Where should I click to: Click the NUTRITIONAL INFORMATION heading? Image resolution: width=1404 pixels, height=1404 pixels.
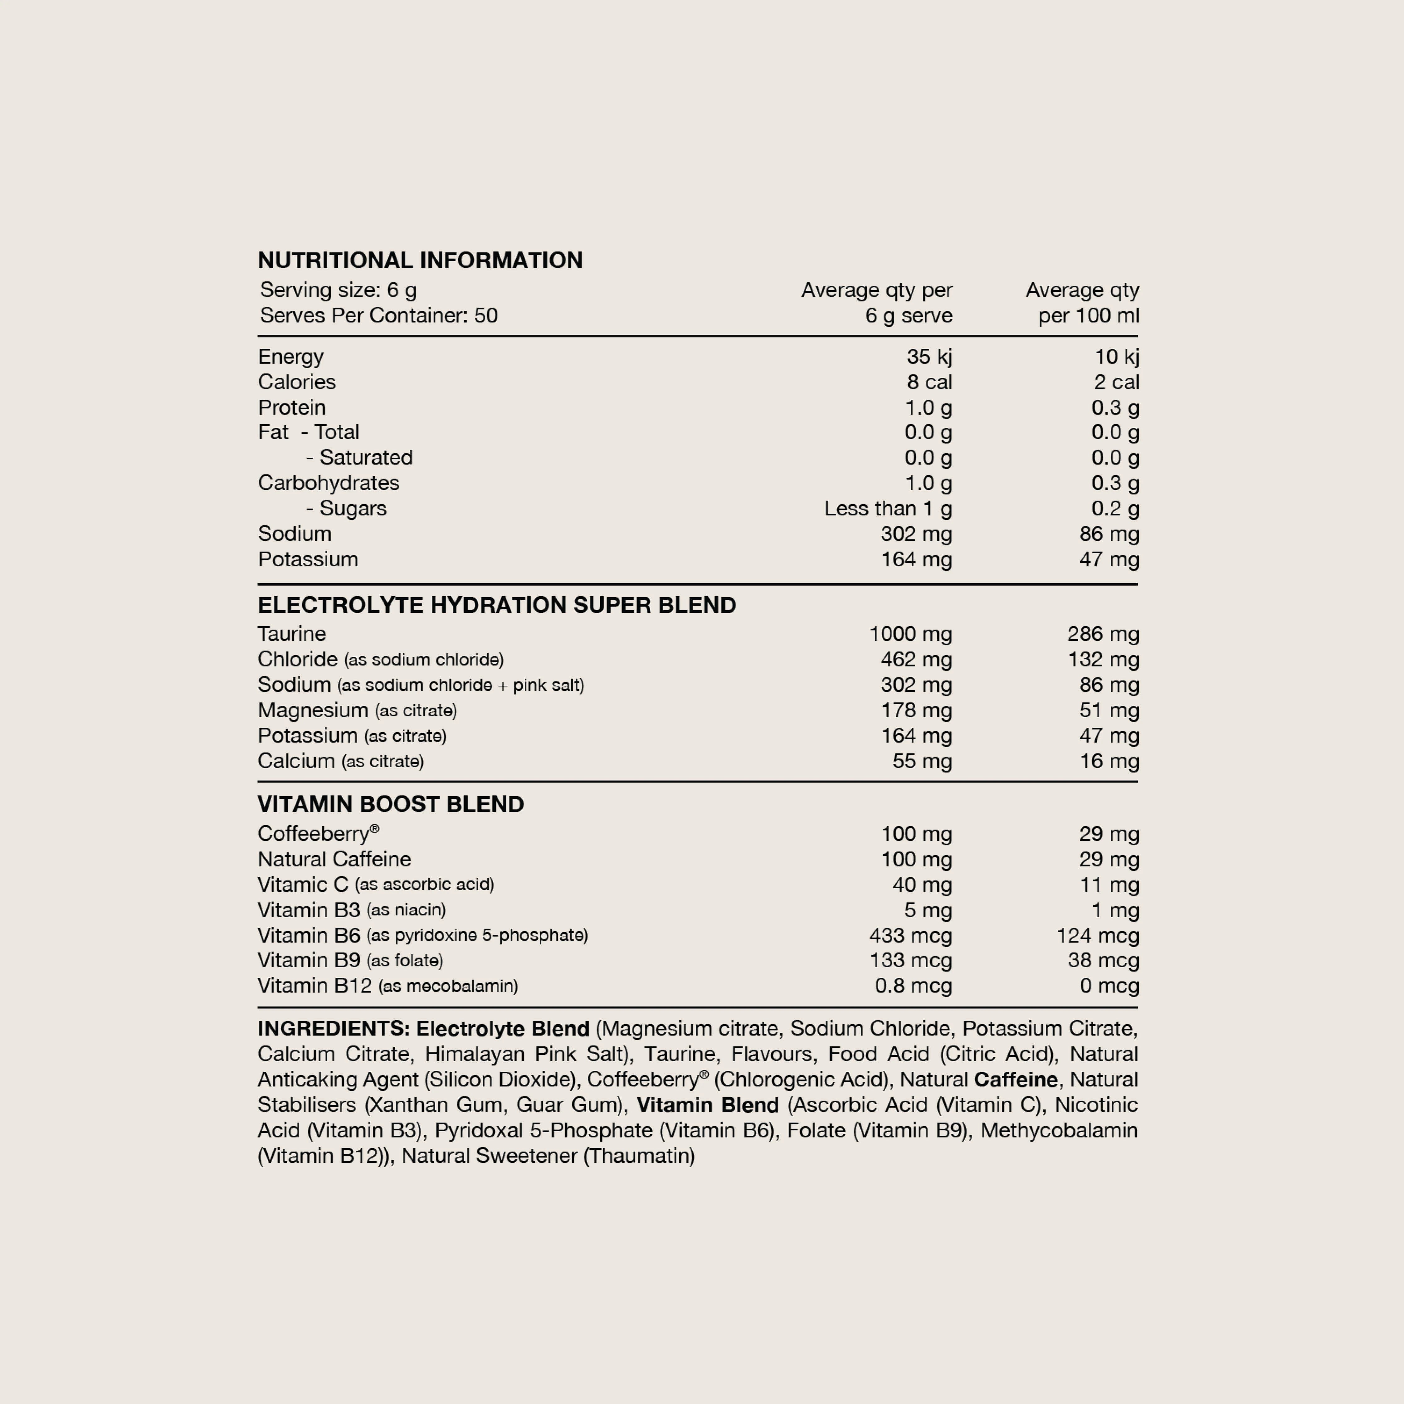[420, 260]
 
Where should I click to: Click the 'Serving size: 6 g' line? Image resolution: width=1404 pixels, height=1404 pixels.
[339, 290]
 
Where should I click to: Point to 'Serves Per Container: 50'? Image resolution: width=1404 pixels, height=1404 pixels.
[379, 315]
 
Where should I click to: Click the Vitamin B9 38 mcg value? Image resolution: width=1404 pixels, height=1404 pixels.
[1103, 960]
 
